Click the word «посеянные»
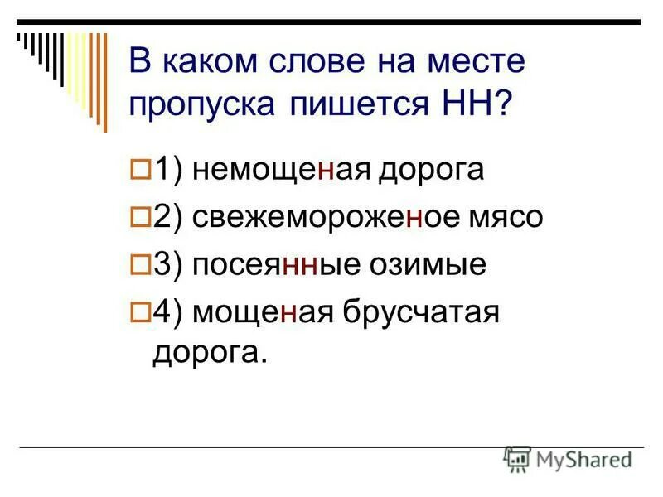pos(273,265)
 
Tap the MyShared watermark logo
pos(567,458)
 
